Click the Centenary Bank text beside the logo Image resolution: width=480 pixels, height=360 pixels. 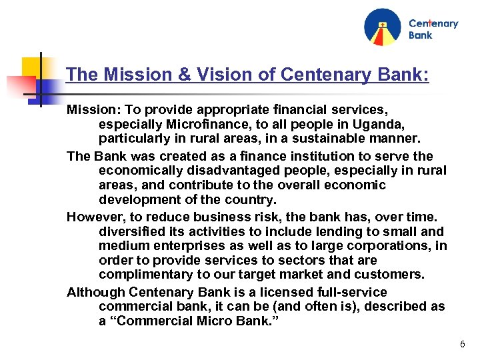[x=433, y=29]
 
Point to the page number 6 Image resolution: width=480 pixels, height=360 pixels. [x=462, y=345]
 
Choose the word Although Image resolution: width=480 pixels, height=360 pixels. [x=95, y=292]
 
